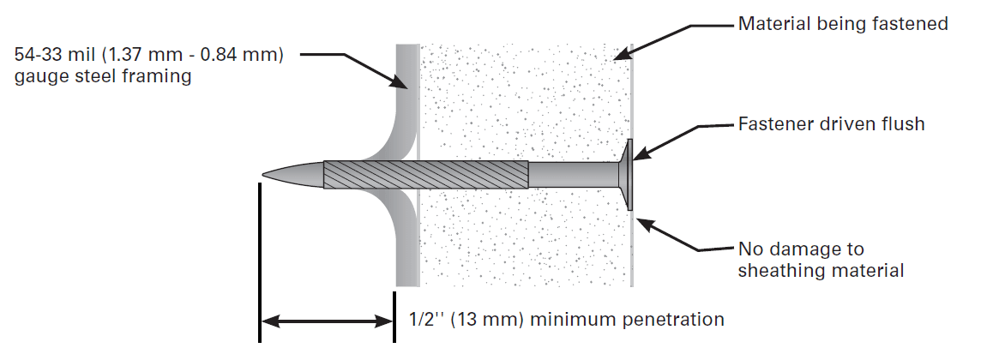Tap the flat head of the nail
click(x=629, y=175)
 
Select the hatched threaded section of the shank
click(x=424, y=175)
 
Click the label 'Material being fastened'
click(x=843, y=24)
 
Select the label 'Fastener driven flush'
click(x=831, y=124)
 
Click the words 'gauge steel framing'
click(x=102, y=76)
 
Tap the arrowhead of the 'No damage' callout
click(x=641, y=224)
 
